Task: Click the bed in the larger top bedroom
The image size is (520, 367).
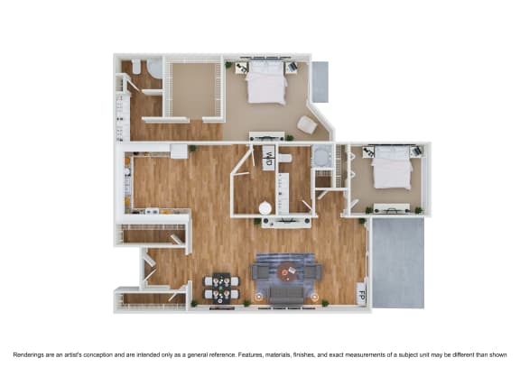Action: click(x=266, y=84)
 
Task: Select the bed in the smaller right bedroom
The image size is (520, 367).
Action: click(x=393, y=169)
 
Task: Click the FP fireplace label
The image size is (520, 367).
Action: click(x=362, y=294)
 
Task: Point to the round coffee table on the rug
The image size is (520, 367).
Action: click(x=287, y=272)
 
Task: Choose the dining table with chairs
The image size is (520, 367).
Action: click(x=221, y=287)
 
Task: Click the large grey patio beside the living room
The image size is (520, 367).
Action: click(x=397, y=261)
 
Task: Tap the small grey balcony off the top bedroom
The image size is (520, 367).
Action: click(x=320, y=81)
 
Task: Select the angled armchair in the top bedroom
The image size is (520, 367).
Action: click(x=308, y=124)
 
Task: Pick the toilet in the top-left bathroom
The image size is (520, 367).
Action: click(x=136, y=68)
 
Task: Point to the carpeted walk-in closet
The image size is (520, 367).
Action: click(x=192, y=89)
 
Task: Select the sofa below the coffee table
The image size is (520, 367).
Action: click(x=287, y=293)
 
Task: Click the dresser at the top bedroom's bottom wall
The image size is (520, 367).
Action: click(x=266, y=138)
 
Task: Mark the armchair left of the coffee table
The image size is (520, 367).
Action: click(x=261, y=270)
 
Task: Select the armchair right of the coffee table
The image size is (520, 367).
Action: click(x=313, y=271)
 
